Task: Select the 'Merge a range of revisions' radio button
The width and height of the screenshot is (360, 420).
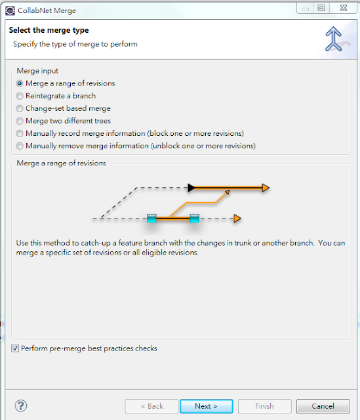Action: (20, 83)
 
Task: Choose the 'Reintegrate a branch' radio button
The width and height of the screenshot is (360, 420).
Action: (20, 96)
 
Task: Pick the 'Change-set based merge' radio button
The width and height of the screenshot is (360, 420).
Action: (20, 108)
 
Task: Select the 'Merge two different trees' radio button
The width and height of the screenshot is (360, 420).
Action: (20, 121)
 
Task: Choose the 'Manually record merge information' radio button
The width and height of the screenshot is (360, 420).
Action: (20, 133)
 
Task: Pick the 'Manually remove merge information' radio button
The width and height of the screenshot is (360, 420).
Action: (20, 146)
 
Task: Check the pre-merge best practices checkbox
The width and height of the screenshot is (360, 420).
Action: (15, 348)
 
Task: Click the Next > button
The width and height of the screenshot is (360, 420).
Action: (206, 406)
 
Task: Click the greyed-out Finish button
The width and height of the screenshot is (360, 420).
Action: (264, 406)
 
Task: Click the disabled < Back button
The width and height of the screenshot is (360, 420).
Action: (151, 406)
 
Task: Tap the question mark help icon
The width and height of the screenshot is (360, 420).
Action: (21, 406)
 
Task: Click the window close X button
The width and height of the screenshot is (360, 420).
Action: (344, 8)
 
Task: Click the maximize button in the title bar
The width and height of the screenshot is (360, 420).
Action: (321, 8)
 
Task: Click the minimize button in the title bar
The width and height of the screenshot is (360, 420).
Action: (305, 8)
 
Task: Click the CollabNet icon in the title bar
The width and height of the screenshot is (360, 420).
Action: (10, 10)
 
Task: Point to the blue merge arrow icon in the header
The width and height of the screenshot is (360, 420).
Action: (333, 39)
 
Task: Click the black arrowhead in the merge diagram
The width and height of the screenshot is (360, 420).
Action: (191, 188)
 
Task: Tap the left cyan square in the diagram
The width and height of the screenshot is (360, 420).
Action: (151, 219)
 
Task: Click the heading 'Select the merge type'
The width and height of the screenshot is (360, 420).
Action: (49, 30)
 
